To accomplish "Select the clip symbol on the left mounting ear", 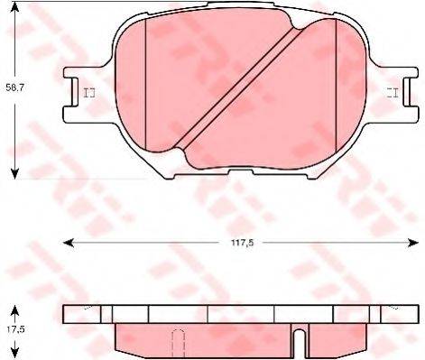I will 88,92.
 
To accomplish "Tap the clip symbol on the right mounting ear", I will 393,92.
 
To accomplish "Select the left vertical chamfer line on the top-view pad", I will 145,88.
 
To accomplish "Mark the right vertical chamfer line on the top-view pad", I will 335,88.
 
